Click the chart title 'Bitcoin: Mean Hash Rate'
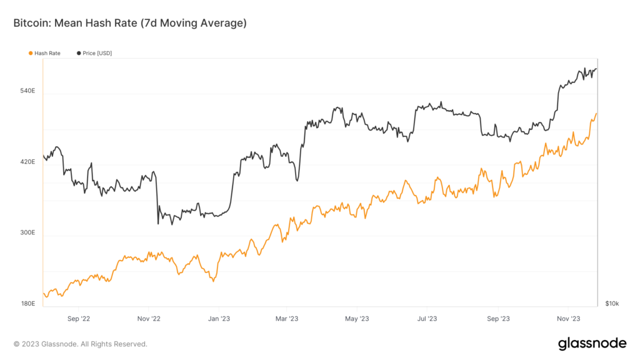130,23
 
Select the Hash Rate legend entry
47,54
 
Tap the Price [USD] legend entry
97,54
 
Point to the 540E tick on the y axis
27,91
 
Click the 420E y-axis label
27,162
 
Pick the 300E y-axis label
27,233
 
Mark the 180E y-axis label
27,304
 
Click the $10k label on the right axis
612,304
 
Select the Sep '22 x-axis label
78,319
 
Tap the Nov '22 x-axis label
148,319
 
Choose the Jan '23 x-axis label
218,319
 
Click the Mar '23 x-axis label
286,319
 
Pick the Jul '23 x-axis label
427,319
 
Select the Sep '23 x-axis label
497,319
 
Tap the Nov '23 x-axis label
567,319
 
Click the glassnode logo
591,343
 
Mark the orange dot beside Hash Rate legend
31,54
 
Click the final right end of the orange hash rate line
597,114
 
